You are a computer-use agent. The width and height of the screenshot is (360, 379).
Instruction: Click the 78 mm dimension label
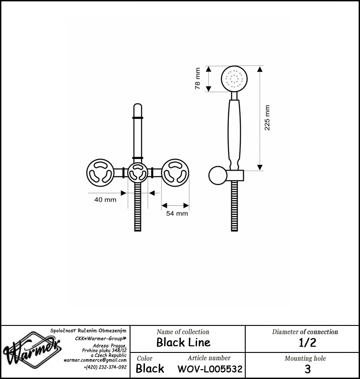(198, 79)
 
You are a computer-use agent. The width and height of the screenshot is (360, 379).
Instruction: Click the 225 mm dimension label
(267, 118)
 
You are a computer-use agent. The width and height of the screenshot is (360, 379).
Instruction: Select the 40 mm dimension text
(105, 200)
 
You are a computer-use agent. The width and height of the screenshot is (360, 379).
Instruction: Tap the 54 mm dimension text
(177, 213)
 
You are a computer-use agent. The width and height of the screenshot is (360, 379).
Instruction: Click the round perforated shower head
(234, 79)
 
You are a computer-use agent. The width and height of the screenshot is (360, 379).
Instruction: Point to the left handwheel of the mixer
(100, 172)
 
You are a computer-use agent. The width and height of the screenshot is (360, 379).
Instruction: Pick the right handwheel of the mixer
(175, 172)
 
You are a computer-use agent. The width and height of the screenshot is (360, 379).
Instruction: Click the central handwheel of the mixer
(138, 172)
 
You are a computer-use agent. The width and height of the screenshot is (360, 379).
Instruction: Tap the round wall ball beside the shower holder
(218, 176)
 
